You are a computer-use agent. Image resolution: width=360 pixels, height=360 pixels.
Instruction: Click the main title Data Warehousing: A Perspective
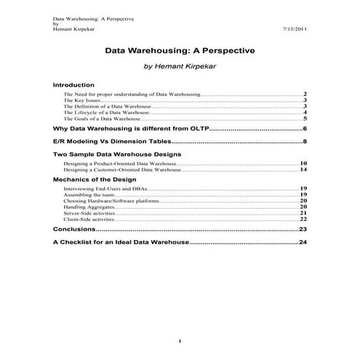click(x=180, y=52)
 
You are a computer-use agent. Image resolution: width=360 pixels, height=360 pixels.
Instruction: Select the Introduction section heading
click(x=74, y=85)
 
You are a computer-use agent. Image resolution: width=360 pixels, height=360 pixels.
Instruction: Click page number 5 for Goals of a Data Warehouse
click(x=305, y=119)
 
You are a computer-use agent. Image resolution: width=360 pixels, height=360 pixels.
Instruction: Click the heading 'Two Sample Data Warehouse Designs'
click(x=117, y=155)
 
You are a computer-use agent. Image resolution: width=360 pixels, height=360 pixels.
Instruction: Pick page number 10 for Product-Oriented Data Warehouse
click(x=303, y=164)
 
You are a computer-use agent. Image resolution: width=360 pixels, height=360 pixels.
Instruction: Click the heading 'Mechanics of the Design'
click(x=95, y=179)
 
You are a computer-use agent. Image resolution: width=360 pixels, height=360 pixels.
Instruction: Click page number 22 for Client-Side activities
click(x=303, y=218)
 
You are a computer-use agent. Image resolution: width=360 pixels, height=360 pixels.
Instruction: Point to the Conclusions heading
click(x=75, y=229)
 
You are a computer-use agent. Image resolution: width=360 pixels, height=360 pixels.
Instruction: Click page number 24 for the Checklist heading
click(x=303, y=241)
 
